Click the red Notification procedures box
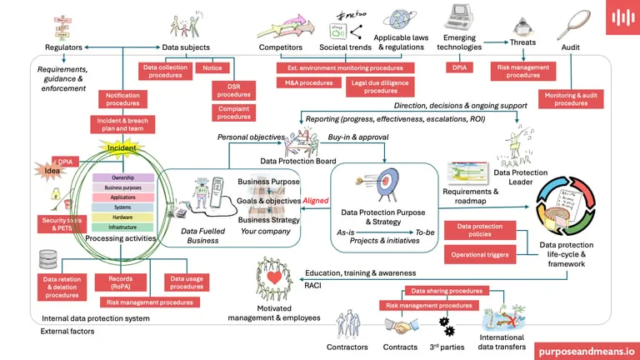pyautogui.click(x=122, y=100)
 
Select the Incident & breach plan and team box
pyautogui.click(x=122, y=126)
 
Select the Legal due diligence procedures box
pyautogui.click(x=381, y=87)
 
